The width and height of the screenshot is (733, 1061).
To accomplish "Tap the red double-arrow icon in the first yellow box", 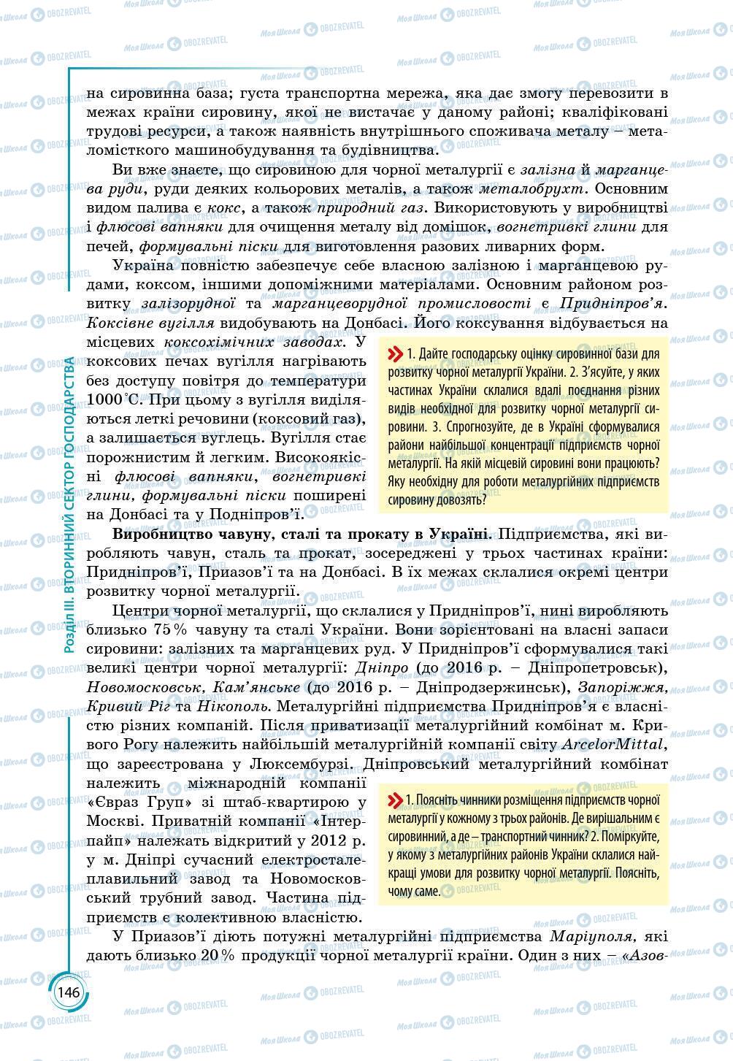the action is (395, 354).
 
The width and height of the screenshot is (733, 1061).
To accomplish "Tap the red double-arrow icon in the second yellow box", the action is (395, 800).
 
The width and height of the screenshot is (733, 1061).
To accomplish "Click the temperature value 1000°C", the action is (112, 399).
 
